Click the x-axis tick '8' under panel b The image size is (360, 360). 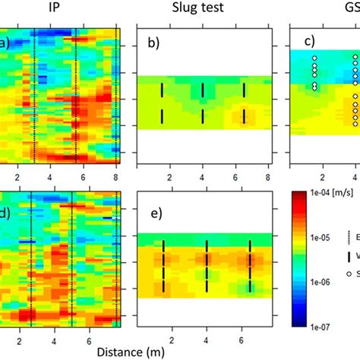click(268, 176)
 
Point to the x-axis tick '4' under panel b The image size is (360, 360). click(202, 176)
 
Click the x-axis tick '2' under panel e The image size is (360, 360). click(172, 340)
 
